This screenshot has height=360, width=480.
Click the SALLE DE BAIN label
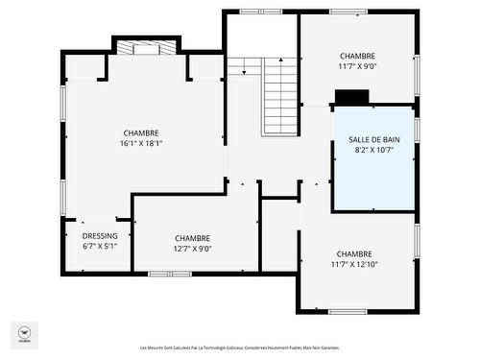373,139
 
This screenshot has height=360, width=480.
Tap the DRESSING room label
100,235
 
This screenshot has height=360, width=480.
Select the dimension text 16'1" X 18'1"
141,144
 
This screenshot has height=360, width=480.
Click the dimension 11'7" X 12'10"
355,264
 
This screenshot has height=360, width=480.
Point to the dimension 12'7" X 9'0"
193,249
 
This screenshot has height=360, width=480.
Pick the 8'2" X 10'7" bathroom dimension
373,150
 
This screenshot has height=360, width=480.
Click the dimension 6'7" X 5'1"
100,246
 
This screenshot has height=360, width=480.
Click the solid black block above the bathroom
351,97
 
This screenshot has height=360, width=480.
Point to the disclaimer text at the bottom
240,348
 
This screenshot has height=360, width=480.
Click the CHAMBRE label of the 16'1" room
141,132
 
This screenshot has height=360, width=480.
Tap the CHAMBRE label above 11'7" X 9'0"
357,56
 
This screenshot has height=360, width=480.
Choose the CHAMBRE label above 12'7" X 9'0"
193,238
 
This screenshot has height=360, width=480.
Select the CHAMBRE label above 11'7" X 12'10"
355,253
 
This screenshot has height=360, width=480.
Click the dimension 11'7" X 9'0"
357,66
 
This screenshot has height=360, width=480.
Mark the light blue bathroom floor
373,182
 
